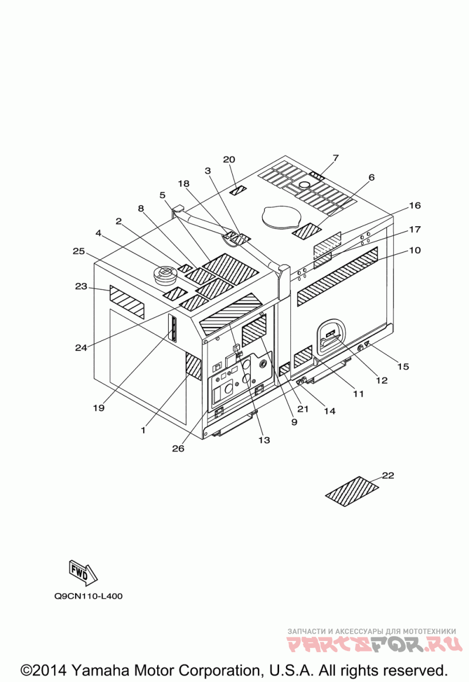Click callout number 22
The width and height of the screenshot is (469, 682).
[388, 475]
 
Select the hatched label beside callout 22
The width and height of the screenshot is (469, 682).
[352, 491]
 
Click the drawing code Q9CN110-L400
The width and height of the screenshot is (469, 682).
[89, 596]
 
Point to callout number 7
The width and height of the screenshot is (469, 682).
[335, 158]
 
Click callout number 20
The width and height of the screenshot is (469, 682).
[229, 159]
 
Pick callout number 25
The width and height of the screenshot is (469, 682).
[79, 251]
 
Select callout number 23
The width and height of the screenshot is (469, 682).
[81, 287]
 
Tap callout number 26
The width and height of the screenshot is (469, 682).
[178, 449]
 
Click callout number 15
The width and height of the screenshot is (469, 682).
[403, 367]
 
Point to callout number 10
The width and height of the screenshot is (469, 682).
[414, 250]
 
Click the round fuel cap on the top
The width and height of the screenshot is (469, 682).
[165, 274]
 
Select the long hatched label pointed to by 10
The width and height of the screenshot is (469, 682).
[337, 276]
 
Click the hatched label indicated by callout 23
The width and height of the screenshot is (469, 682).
[127, 302]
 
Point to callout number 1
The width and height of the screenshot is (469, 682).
[142, 429]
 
